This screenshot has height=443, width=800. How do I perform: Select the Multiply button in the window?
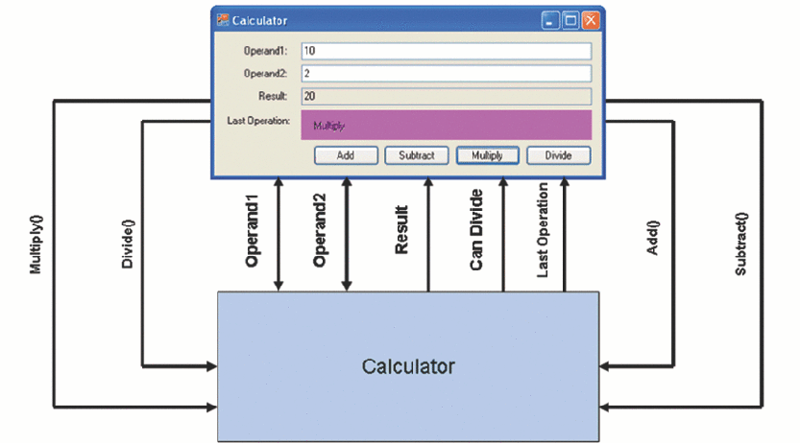[488, 155]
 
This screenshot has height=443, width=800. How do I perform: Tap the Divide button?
[559, 155]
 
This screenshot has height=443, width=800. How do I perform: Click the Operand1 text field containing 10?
[446, 51]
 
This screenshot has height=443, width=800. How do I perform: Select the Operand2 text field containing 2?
[446, 73]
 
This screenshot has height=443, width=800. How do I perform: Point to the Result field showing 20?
[446, 96]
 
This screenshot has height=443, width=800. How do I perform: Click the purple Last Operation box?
[446, 126]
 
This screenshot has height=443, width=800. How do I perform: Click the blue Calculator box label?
[408, 366]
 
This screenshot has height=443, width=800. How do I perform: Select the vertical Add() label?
[653, 237]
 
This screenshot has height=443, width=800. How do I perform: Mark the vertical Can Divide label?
[475, 230]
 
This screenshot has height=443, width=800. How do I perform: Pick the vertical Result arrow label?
[401, 230]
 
